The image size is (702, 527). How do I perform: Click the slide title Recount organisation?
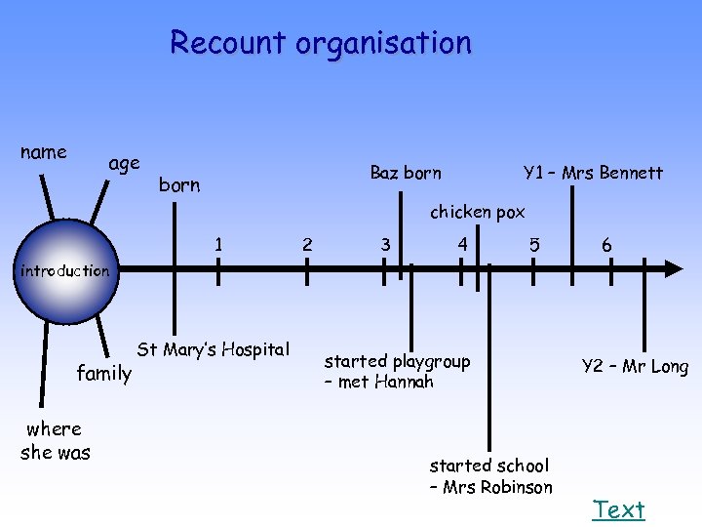[x=320, y=43]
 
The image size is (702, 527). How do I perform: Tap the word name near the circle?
[x=44, y=152]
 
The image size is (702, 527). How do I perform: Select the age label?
[x=124, y=163]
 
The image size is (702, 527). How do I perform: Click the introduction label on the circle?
[x=65, y=271]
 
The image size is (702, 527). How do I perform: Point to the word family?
[x=104, y=372]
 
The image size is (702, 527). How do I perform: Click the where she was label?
[x=56, y=440]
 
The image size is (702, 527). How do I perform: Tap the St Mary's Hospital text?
[x=214, y=349]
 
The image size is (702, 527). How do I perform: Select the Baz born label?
[x=406, y=173]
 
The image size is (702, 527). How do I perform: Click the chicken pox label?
[x=478, y=212]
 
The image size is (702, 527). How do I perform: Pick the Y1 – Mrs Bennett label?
[x=593, y=173]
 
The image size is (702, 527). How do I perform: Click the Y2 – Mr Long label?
[x=635, y=366]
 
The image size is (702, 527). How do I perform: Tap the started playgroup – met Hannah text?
[x=397, y=372]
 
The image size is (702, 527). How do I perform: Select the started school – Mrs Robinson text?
[x=490, y=476]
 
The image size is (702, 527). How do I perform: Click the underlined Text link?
[x=619, y=509]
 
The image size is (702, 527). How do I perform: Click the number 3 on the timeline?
[x=386, y=244]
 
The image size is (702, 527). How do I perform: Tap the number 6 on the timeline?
[x=606, y=246]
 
